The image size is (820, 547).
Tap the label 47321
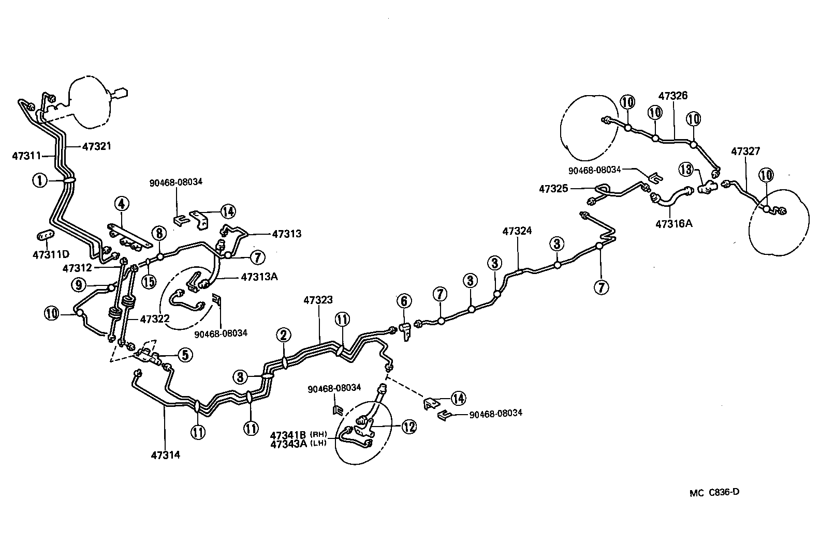(x=97, y=146)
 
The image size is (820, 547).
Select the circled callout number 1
(x=39, y=180)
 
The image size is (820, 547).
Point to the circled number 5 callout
(x=185, y=355)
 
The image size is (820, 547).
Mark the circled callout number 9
(x=79, y=284)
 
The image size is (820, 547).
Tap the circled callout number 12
(x=409, y=427)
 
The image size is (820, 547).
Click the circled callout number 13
(x=686, y=169)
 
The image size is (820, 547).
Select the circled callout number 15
(x=149, y=281)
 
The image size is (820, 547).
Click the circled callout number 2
(x=283, y=336)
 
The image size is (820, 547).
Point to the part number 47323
(x=318, y=300)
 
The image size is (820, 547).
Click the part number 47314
(x=166, y=455)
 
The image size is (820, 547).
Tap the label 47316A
(x=673, y=224)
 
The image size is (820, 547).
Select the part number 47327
(x=745, y=151)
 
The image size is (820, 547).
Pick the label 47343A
(x=289, y=443)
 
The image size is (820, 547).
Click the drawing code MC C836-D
(x=714, y=492)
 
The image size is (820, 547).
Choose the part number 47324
(x=517, y=231)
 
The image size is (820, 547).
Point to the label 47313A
(x=259, y=277)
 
